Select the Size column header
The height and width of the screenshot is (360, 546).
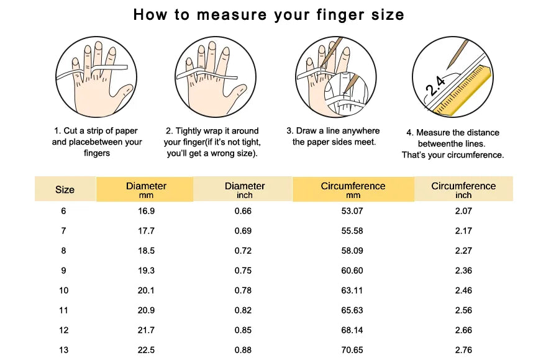pos(65,189)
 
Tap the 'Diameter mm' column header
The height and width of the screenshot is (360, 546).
pos(146,190)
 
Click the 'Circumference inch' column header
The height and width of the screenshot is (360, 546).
pos(463,190)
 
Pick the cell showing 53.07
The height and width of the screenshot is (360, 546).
pos(352,211)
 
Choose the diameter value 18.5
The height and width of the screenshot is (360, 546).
pos(146,250)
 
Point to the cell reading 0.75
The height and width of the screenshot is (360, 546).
pos(243,270)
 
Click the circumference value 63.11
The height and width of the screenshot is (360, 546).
pos(352,290)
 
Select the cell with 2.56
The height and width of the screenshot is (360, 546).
pos(463,310)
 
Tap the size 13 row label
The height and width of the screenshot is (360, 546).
pos(64,349)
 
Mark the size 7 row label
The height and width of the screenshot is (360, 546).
pos(63,231)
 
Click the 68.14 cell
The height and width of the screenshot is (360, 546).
pos(352,330)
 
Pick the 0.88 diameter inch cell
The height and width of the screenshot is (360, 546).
pos(243,349)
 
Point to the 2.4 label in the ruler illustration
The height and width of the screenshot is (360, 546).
pos(435,86)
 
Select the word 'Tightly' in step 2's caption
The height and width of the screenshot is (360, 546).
pos(188,131)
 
